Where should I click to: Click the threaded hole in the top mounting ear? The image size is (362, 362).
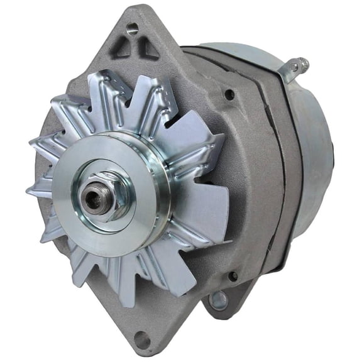tap(132, 28)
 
